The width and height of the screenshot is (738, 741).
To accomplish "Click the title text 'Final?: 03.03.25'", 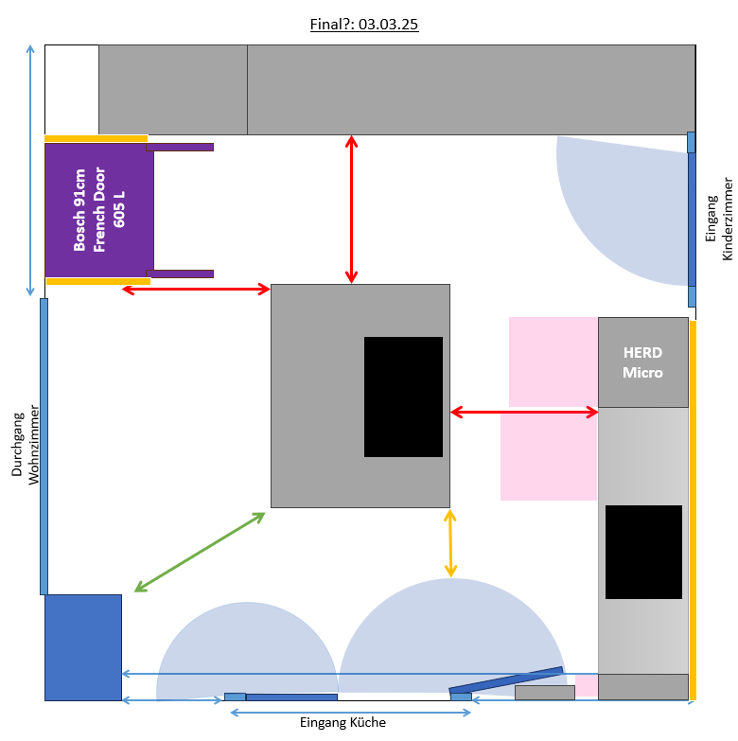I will pyautogui.click(x=364, y=24).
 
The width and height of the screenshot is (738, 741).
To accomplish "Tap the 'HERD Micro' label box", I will pyautogui.click(x=642, y=362).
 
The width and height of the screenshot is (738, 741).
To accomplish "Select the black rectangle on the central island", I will pyautogui.click(x=403, y=397).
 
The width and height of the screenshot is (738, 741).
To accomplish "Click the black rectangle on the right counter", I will pyautogui.click(x=643, y=552).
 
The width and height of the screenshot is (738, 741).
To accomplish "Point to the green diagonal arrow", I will pyautogui.click(x=200, y=552).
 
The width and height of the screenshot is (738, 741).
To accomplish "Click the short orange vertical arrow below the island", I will pyautogui.click(x=450, y=543).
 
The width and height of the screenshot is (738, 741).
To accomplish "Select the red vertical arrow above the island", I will pyautogui.click(x=352, y=209).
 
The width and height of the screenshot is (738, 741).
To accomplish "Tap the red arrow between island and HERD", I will pyautogui.click(x=524, y=412).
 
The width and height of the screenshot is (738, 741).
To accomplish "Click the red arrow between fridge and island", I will pyautogui.click(x=197, y=289).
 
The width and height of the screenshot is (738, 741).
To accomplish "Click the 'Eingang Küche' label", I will pyautogui.click(x=343, y=723).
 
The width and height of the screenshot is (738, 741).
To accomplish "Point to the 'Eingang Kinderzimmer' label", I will pyautogui.click(x=720, y=218).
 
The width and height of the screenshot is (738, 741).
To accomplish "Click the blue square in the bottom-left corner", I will pyautogui.click(x=83, y=647).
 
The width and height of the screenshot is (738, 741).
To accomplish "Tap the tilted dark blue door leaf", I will pyautogui.click(x=506, y=680).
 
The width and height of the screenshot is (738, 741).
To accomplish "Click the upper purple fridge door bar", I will pyautogui.click(x=180, y=147).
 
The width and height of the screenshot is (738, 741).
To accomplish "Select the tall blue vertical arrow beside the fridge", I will pyautogui.click(x=32, y=169).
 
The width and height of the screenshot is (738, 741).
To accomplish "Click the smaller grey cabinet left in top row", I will pyautogui.click(x=173, y=90).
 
